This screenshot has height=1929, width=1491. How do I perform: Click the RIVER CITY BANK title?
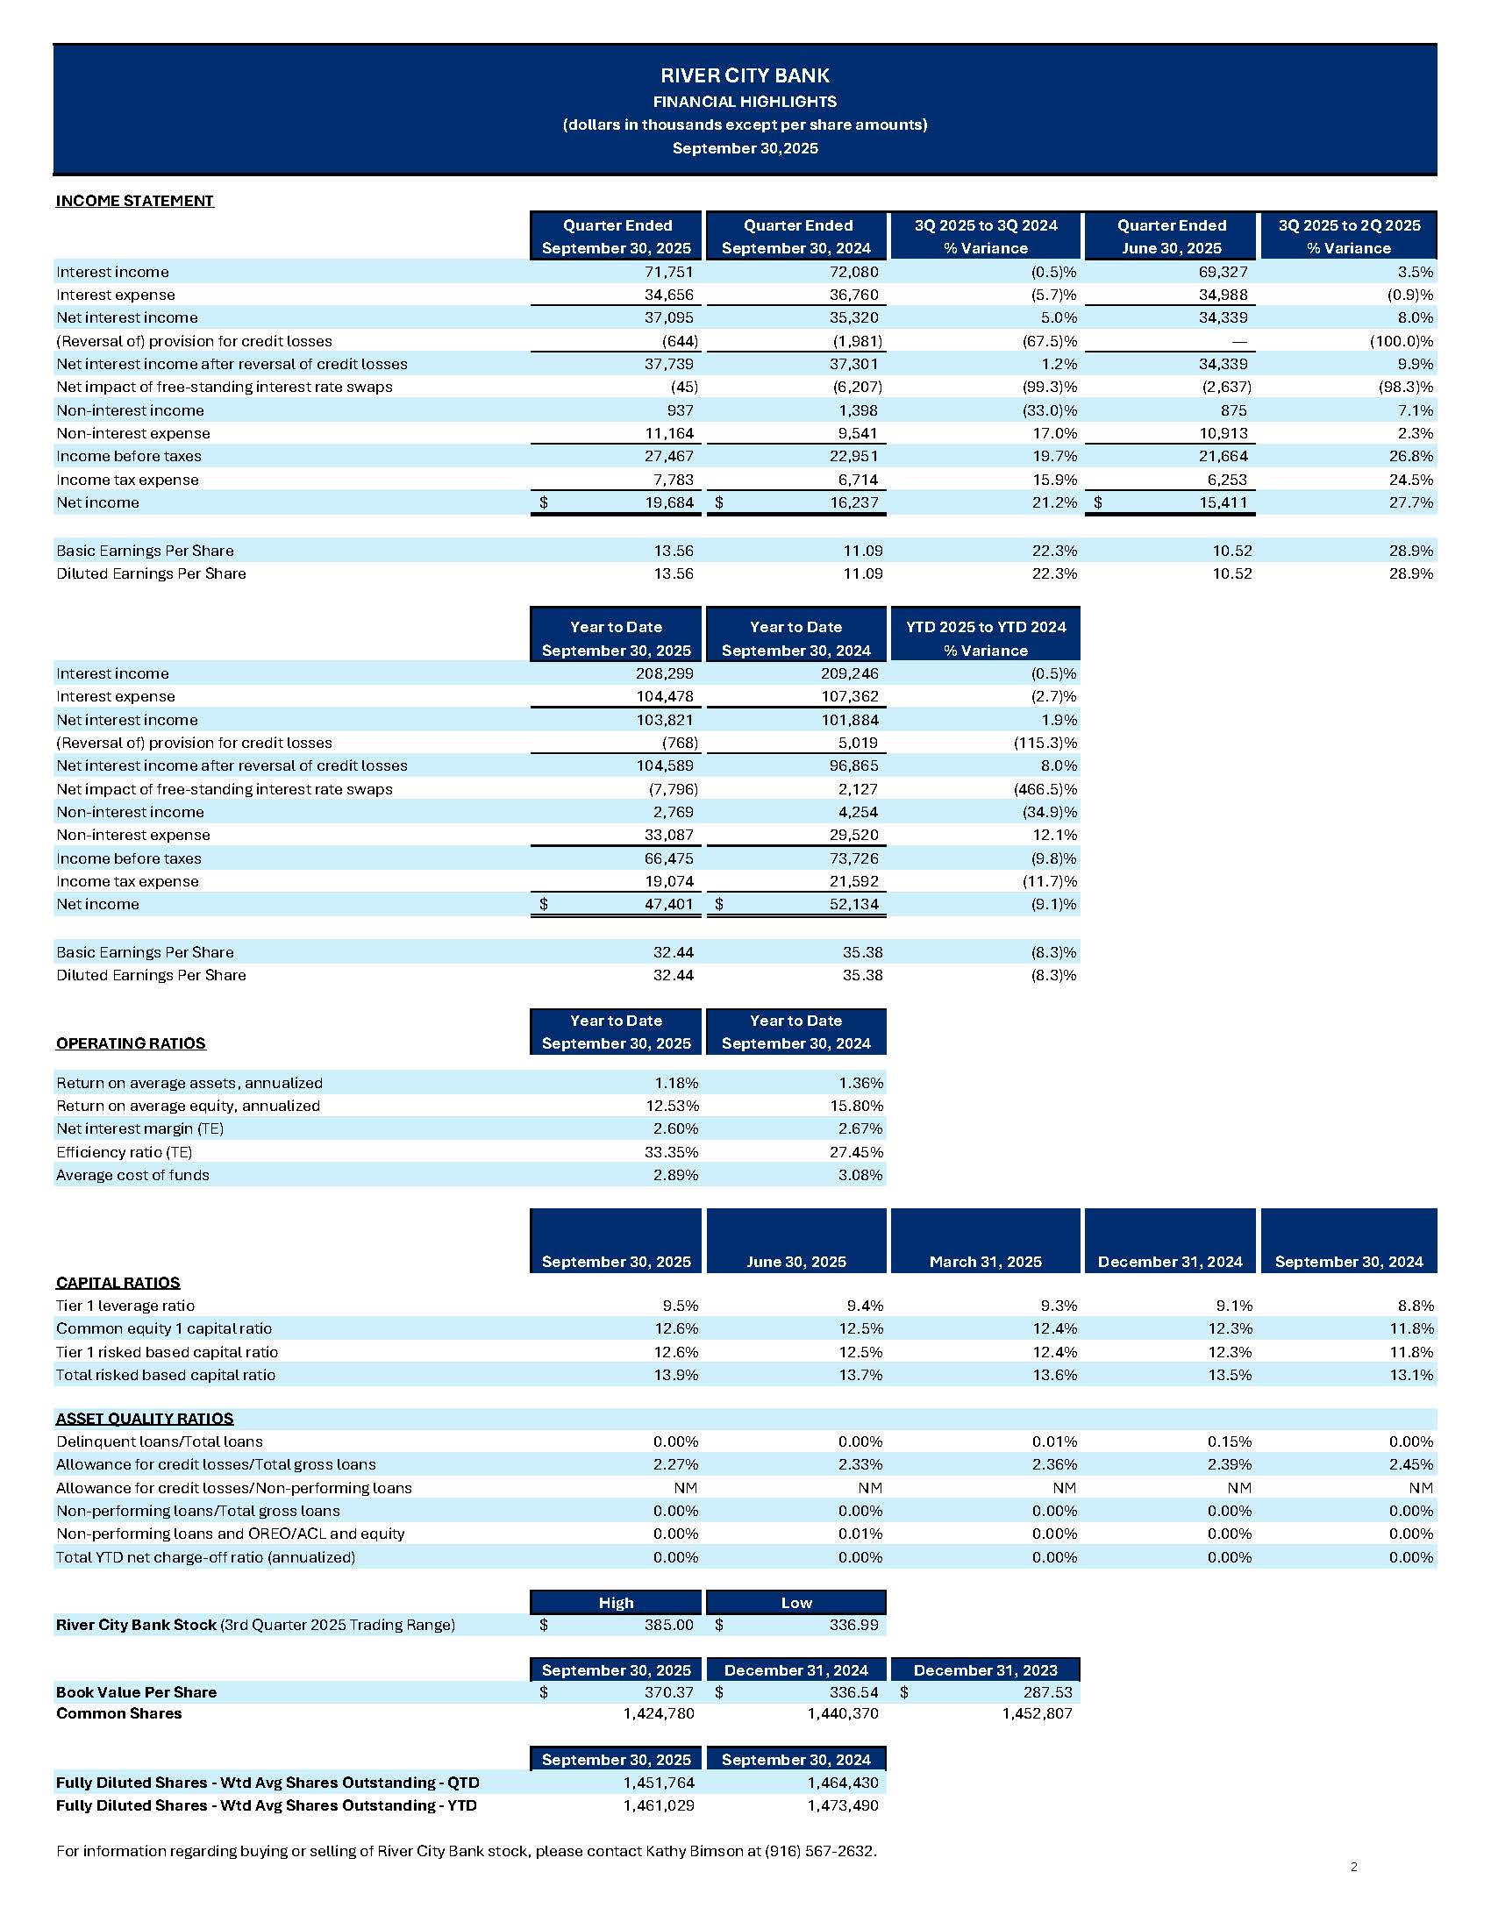745,76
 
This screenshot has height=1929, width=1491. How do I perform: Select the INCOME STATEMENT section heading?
134,202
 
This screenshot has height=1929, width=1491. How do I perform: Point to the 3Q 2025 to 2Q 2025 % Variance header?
1348,237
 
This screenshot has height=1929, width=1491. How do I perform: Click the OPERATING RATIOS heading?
131,1044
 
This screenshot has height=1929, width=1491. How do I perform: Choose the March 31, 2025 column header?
985,1262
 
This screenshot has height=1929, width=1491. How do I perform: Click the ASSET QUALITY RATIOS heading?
144,1420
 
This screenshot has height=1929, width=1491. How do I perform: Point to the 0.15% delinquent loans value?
1230,1442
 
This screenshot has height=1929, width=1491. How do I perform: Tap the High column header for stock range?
616,1603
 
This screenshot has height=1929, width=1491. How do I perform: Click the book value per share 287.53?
1047,1692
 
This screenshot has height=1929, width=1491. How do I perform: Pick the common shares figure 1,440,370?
843,1714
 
